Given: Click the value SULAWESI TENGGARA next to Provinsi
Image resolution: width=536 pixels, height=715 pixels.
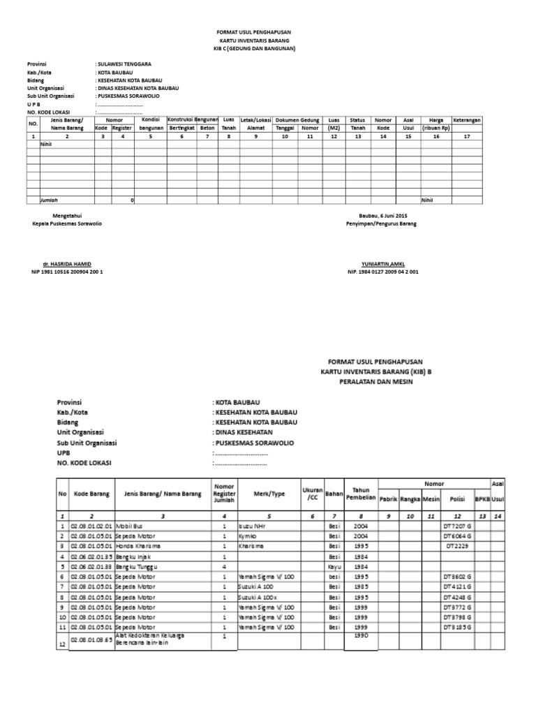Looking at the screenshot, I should pyautogui.click(x=124, y=64).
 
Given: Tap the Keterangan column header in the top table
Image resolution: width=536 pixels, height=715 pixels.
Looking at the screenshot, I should pyautogui.click(x=466, y=120).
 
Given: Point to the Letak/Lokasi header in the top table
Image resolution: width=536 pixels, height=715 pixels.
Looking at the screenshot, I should pyautogui.click(x=255, y=120).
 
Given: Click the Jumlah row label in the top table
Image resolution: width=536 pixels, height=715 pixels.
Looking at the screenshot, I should pyautogui.click(x=50, y=200).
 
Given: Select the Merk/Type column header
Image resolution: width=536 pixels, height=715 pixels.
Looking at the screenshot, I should pyautogui.click(x=269, y=493).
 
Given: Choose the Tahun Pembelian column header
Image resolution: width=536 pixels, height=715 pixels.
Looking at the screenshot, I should pyautogui.click(x=360, y=493).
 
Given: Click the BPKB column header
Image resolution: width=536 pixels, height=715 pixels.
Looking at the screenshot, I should pyautogui.click(x=482, y=499).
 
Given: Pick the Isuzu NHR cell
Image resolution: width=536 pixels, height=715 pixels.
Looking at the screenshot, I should pyautogui.click(x=253, y=525).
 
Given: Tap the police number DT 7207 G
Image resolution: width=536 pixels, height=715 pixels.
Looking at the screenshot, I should pyautogui.click(x=457, y=525).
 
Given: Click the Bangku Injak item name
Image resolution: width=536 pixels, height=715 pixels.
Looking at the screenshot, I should pyautogui.click(x=135, y=556).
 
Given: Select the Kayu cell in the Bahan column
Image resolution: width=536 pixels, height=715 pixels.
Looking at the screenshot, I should pyautogui.click(x=334, y=567).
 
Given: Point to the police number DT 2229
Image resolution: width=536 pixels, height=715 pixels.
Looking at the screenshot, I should pyautogui.click(x=457, y=546).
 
